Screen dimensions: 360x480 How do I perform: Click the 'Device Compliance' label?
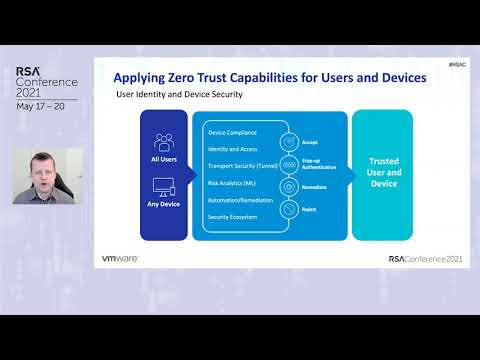[231, 132]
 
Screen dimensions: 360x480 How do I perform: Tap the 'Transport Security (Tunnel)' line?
[240, 166]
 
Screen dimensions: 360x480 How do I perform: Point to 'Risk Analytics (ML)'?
[230, 184]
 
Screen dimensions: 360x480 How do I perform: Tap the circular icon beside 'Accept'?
[289, 142]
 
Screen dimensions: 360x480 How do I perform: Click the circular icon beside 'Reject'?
[289, 209]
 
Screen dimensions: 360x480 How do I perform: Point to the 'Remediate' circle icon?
[289, 187]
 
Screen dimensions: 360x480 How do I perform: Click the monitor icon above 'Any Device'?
[164, 187]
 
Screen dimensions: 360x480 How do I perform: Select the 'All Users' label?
[164, 159]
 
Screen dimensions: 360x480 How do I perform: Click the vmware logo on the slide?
[119, 258]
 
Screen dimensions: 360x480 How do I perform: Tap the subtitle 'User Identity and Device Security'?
[180, 95]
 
